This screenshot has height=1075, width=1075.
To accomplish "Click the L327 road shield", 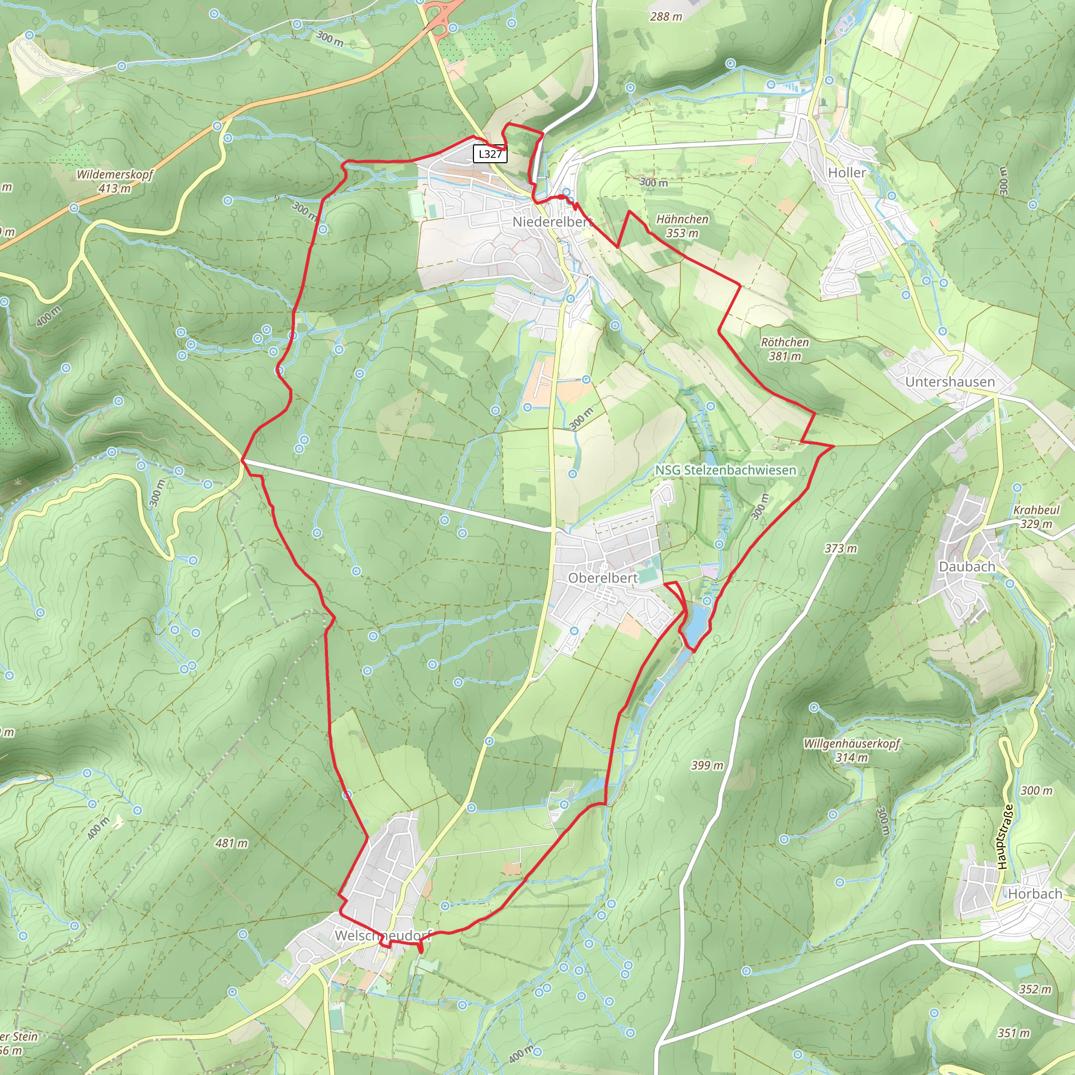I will pyautogui.click(x=490, y=154).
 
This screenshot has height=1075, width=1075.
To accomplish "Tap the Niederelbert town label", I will pyautogui.click(x=551, y=222).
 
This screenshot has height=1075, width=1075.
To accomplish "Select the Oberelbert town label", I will pyautogui.click(x=603, y=578).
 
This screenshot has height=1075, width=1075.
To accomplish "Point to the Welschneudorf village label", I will pyautogui.click(x=383, y=936).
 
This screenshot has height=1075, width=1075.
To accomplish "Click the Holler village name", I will pyautogui.click(x=847, y=173).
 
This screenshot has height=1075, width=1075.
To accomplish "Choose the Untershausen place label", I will pyautogui.click(x=950, y=382).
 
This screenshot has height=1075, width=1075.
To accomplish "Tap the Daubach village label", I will pyautogui.click(x=967, y=566).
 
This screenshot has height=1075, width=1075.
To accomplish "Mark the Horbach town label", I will pyautogui.click(x=1035, y=893).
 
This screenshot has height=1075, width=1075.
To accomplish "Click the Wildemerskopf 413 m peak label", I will pyautogui.click(x=114, y=181).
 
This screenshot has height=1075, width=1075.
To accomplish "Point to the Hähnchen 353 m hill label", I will pyautogui.click(x=682, y=226).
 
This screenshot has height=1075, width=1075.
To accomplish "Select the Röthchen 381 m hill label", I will pyautogui.click(x=785, y=349).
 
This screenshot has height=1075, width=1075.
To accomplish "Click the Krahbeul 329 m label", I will pyautogui.click(x=1036, y=517).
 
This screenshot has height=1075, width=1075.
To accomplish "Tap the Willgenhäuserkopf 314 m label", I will pyautogui.click(x=851, y=750).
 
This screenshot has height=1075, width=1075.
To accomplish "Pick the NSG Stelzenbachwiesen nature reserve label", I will pyautogui.click(x=725, y=470).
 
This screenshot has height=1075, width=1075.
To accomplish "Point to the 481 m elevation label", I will pyautogui.click(x=231, y=843).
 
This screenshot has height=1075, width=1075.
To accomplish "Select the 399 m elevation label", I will pyautogui.click(x=707, y=765).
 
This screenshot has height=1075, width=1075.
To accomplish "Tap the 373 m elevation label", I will pyautogui.click(x=841, y=548).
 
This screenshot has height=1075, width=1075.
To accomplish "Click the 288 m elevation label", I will pyautogui.click(x=666, y=17).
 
